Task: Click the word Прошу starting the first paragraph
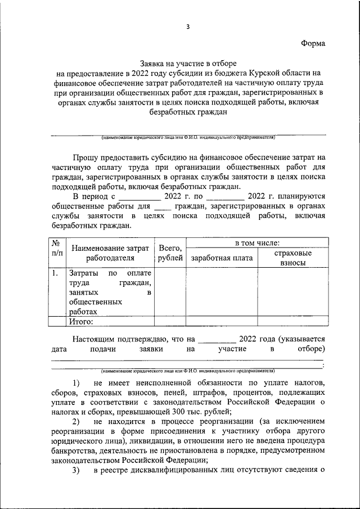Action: [x=87, y=157]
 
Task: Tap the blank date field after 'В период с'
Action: [x=139, y=197]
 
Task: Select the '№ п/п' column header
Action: [x=56, y=249]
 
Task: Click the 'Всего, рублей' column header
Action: [x=170, y=253]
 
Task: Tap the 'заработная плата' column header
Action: [x=221, y=258]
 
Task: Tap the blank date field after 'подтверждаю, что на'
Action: [x=217, y=339]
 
